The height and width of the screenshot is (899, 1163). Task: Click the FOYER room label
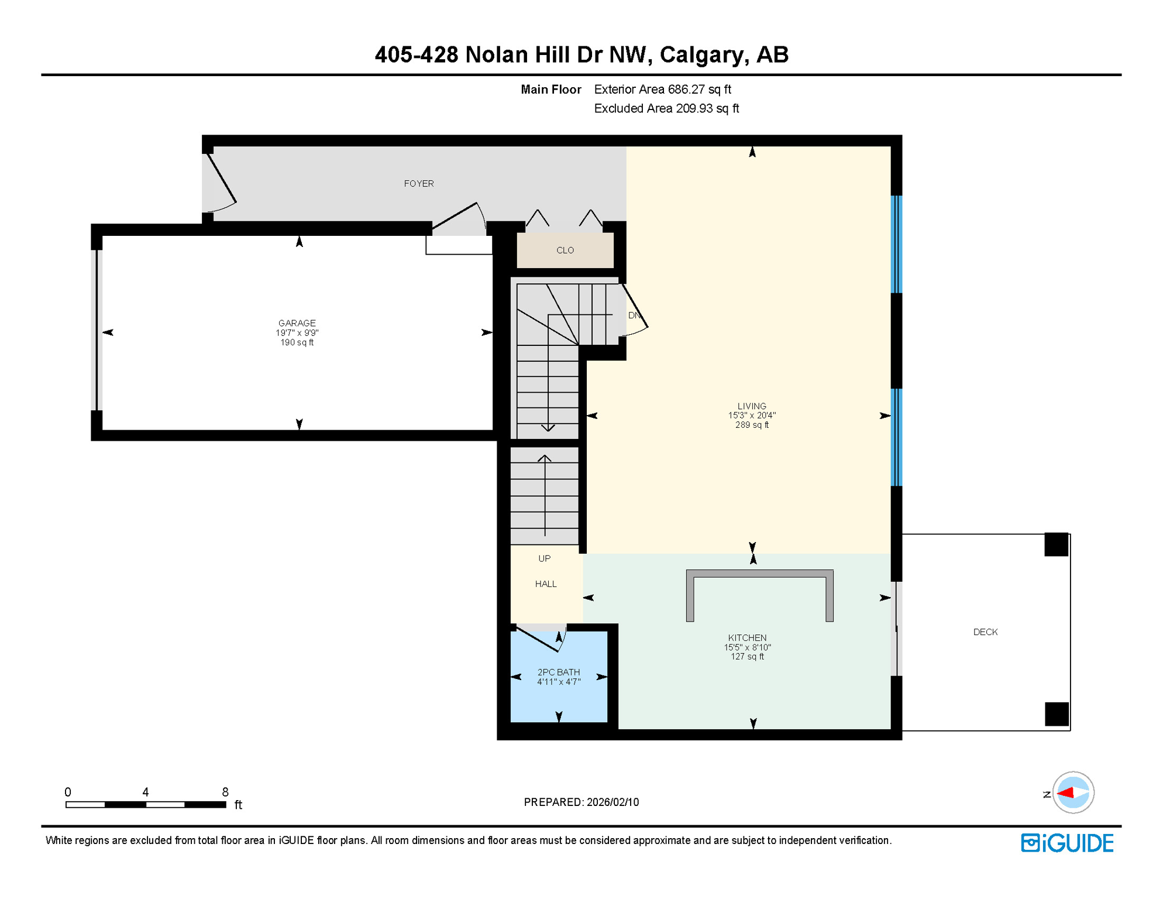[419, 184]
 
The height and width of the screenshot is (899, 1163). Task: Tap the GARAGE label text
[297, 323]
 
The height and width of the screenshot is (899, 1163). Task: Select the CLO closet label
[565, 251]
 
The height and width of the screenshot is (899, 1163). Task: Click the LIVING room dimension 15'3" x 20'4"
[752, 416]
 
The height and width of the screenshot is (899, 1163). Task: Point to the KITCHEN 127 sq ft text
[747, 657]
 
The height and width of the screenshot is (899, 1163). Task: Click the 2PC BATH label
[559, 672]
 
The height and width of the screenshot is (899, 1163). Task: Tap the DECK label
[985, 632]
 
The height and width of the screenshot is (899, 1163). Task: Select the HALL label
[546, 584]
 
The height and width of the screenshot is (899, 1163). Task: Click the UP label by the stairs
[544, 558]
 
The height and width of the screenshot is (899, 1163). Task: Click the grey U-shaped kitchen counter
[759, 574]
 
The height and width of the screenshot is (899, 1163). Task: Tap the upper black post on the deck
[1057, 545]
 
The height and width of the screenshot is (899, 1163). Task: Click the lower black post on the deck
[1057, 714]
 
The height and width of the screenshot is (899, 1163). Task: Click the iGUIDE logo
[1067, 843]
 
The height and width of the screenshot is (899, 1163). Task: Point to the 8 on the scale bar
[225, 792]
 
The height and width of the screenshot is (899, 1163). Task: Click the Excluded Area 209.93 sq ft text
[666, 109]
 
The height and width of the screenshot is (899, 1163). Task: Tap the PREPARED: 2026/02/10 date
[581, 802]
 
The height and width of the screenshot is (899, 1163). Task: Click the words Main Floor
[550, 90]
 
